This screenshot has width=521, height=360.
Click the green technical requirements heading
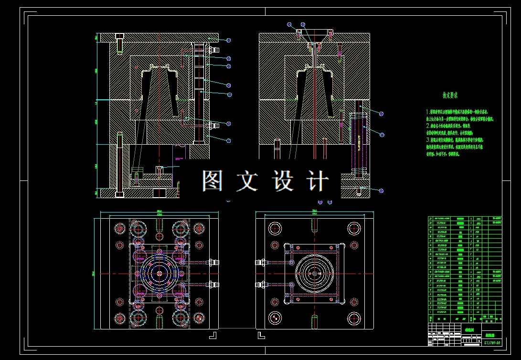[450, 95]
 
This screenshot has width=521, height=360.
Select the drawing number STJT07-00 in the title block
[492, 342]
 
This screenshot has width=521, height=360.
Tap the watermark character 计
[319, 181]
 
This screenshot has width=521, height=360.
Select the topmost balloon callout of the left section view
[229, 41]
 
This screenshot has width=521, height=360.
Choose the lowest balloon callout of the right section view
[381, 191]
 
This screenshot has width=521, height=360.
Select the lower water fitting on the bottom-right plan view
[260, 285]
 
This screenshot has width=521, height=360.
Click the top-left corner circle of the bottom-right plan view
[275, 228]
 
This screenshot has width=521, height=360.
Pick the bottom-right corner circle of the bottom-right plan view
[354, 318]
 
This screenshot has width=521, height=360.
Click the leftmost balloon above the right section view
[289, 24]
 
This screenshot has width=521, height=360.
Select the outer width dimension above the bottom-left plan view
[159, 211]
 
